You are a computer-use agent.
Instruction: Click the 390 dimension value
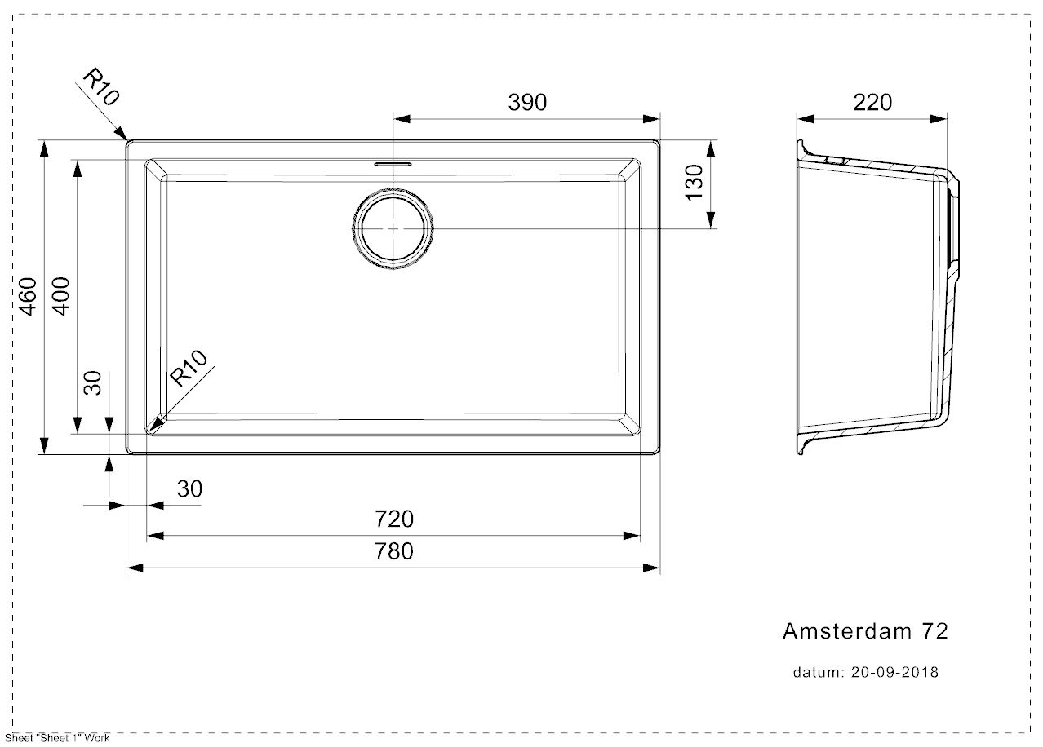point(527,102)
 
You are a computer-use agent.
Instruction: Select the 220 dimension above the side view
point(872,102)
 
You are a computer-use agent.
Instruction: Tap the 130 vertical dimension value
point(694,183)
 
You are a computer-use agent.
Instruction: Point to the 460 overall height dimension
point(28,296)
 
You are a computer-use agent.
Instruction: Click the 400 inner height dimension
point(61,296)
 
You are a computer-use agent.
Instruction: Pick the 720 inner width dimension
point(394,519)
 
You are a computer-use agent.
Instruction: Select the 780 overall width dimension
point(394,551)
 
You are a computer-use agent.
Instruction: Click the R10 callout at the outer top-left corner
point(101,86)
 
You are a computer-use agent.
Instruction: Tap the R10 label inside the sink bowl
point(188,368)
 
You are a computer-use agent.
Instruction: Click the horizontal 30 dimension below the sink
point(189,488)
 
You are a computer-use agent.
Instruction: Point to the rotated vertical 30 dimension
point(92,382)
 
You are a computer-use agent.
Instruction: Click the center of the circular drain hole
point(393,229)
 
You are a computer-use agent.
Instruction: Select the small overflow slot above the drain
point(393,164)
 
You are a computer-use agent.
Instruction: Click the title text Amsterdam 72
point(865,631)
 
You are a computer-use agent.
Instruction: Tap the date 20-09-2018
point(894,672)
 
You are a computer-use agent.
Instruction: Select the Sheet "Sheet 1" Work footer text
point(57,738)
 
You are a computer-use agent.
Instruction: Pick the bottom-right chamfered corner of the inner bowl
point(629,424)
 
